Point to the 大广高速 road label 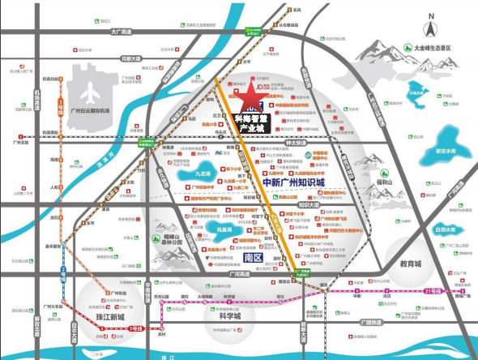click(x=120, y=31)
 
